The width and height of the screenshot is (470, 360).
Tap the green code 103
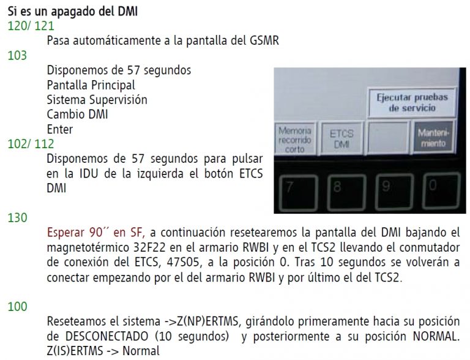(x=17, y=56)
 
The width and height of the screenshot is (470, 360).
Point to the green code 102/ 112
(x=31, y=144)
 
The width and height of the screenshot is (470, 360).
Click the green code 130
(x=17, y=217)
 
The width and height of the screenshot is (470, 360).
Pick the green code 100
(x=17, y=307)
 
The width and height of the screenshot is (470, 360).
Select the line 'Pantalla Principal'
(x=91, y=85)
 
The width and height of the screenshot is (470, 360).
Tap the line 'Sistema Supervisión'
(x=97, y=100)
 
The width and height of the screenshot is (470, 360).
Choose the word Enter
(x=60, y=129)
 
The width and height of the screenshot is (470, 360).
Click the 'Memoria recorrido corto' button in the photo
(x=295, y=139)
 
